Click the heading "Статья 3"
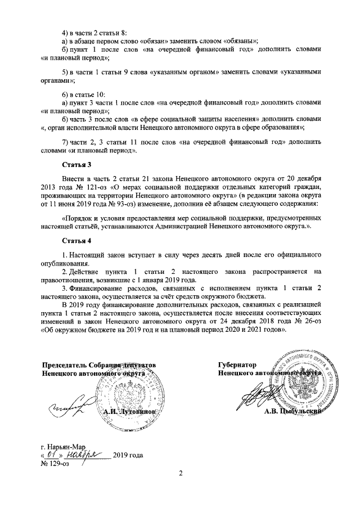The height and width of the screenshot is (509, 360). tap(76, 165)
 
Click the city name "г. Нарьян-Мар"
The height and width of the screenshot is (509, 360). tap(64, 446)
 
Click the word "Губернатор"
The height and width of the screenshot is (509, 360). tap(237, 364)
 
